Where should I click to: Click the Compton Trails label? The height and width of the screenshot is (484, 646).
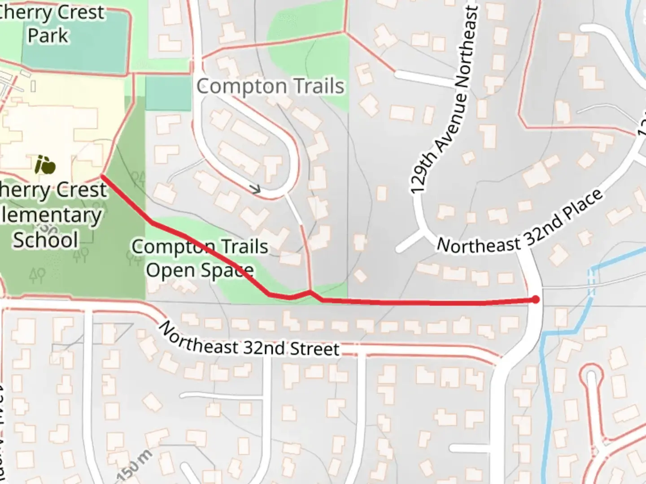click(270, 86)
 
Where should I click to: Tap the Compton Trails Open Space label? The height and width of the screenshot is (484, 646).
click(200, 258)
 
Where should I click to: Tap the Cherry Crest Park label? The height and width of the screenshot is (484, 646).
click(49, 23)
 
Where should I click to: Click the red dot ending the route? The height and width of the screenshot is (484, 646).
click(536, 299)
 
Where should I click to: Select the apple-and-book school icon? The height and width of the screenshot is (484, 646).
click(45, 165)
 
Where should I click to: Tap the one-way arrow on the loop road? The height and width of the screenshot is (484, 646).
click(256, 190)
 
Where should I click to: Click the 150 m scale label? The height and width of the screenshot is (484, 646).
click(133, 466)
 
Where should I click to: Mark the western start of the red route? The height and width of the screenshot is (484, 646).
click(103, 177)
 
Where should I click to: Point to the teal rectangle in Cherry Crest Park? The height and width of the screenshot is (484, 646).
click(74, 43)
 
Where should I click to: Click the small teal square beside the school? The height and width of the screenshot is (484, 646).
click(168, 93)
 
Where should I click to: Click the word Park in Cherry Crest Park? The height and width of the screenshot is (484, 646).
click(48, 35)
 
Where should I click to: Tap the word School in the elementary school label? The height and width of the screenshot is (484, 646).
click(46, 240)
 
